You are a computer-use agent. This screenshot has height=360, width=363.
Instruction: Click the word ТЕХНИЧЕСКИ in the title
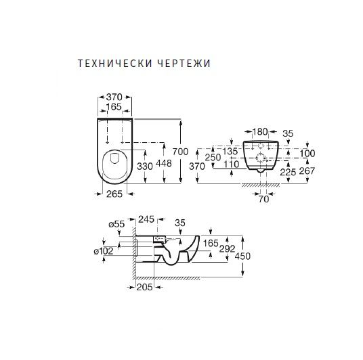(114, 63)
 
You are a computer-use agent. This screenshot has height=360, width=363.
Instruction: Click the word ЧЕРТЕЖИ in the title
(184, 63)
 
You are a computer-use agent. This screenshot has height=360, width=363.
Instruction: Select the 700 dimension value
(181, 152)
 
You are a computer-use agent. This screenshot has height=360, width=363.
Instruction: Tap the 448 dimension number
(164, 164)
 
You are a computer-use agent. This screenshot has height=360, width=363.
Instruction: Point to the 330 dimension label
(145, 166)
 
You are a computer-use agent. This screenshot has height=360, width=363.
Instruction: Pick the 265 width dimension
(114, 194)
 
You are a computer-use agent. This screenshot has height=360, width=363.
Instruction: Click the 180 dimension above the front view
(260, 132)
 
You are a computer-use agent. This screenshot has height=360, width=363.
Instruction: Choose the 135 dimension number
(230, 152)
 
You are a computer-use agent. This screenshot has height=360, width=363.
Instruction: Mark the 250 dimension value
(213, 157)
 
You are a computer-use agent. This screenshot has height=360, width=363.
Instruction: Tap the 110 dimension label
(232, 164)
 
